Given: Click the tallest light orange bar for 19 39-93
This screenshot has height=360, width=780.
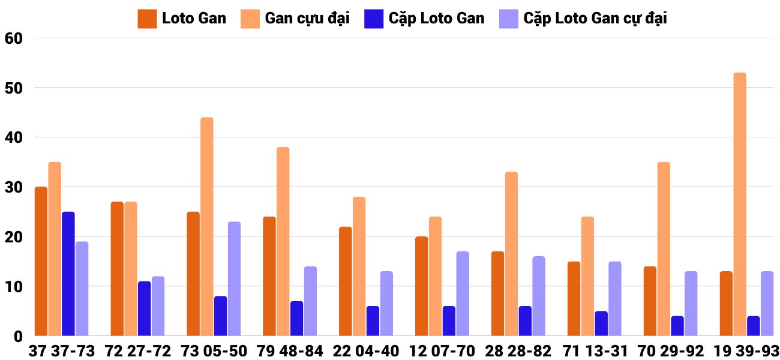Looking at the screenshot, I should coord(739,204).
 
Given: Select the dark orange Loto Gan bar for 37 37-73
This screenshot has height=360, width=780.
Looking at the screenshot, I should coord(41,261).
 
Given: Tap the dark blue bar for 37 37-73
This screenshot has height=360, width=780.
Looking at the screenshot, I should coord(68,274).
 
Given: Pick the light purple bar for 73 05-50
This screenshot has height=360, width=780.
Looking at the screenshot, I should coord(234,279).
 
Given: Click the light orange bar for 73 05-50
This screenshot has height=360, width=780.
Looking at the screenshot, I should coord(206,227).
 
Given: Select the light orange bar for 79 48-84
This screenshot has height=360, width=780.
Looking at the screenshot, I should coord(283,241).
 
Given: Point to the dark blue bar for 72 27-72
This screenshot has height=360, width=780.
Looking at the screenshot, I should coord(145,308).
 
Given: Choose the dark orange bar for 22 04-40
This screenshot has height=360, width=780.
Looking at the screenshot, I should coord(345,281).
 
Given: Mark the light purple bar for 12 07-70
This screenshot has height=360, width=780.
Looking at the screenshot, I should coord(463,293).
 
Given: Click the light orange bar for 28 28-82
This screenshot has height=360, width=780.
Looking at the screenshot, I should coord(511,254).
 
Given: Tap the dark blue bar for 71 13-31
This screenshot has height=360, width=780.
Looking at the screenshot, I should coord(601,323).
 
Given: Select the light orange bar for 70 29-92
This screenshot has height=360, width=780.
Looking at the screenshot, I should coord(664,249).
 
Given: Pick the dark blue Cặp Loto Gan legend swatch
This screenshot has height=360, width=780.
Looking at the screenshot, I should coord(374,19).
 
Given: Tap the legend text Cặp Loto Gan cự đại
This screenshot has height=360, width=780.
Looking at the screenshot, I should coord(595,19).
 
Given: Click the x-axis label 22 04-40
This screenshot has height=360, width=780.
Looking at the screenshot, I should coord(365,351).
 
